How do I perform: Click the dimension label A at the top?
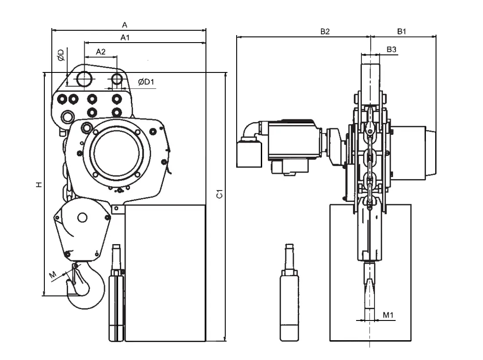coord(124,25)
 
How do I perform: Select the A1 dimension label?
coord(125,38)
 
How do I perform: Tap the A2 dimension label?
coord(101,51)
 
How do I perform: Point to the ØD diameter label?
coord(61,55)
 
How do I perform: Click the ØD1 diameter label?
coord(146,82)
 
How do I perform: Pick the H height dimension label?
coord(39,184)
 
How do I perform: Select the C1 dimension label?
coord(219,194)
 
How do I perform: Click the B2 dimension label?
coord(325,32)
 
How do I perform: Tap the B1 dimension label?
coord(402,32)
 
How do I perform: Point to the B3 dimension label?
coord(391,49)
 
